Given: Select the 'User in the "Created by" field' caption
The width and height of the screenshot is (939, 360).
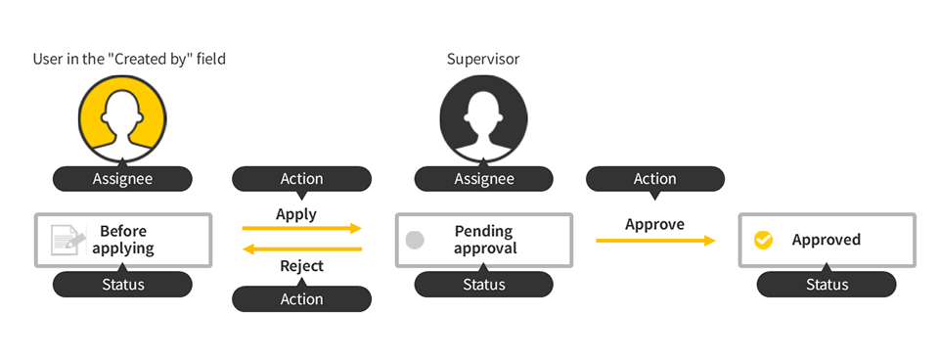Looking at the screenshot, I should coord(129,59).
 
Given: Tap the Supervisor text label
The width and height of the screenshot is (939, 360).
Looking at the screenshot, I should coord(483,59).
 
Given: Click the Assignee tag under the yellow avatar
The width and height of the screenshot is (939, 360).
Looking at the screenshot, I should coord(122,179).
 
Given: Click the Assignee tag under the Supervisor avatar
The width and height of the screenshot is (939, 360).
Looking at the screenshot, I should coord(483,179).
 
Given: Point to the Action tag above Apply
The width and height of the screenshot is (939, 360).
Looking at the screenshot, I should coord(301,179).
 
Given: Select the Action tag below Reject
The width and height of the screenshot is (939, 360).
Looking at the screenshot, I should coord(301,299).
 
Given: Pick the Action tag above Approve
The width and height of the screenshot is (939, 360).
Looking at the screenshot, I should coord(654,179).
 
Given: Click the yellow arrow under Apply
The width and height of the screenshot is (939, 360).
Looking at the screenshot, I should coord(301,229).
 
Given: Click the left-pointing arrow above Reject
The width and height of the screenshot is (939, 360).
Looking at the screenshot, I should coord(301,249).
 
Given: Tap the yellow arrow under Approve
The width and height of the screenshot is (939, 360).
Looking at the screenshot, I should coord(654,240).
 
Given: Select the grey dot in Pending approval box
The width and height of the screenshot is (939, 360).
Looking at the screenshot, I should coord(415,240).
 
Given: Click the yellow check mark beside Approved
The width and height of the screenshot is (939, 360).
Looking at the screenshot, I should coord(763,240).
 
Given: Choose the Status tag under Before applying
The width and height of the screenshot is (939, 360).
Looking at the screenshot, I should coord(122,285).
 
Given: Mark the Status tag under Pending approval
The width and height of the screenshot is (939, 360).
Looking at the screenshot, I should coord(483,285).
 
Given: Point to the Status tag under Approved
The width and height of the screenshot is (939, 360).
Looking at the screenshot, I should coord(827,285).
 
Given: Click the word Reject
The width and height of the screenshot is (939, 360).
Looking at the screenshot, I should coord(301,266).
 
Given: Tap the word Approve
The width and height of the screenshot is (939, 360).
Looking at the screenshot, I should coord(654,224).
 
